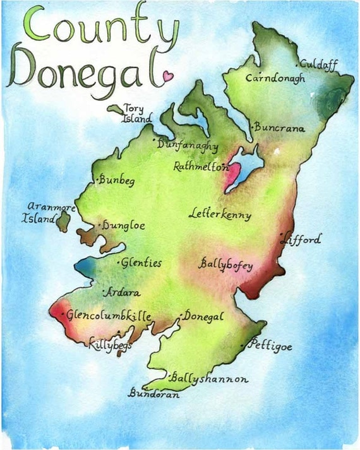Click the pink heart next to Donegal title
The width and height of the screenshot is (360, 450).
pos(167,76)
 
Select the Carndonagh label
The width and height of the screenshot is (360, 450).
pos(275,79)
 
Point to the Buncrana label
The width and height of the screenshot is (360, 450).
pos(280,128)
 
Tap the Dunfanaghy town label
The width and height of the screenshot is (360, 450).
pos(188,145)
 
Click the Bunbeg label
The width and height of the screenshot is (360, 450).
pos(117,181)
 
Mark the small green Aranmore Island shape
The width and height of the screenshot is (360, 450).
pos(63,221)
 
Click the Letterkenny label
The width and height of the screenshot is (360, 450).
pos(220,215)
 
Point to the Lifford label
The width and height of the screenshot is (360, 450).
pos(303,240)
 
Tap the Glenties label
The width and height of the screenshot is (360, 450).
pos(141,263)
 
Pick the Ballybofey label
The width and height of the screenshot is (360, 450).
pos(226,265)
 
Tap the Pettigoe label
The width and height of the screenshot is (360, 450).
pos(270,346)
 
